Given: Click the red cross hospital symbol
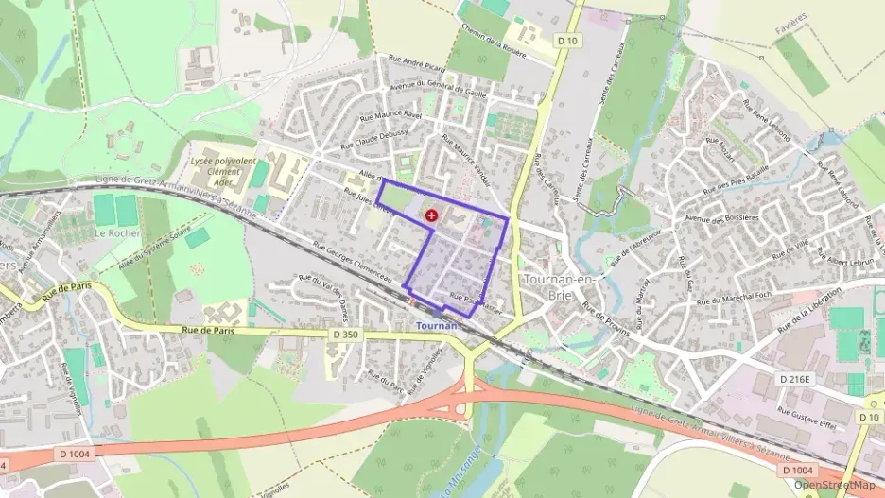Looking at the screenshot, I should [x=432, y=215].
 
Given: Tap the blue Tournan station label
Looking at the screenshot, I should [x=437, y=326].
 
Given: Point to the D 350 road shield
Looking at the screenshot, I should [x=347, y=334].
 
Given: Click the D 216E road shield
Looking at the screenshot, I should [x=795, y=378].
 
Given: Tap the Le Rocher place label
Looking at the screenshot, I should [x=116, y=232].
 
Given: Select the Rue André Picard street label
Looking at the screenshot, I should [x=409, y=68].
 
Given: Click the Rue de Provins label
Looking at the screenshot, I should [x=605, y=323].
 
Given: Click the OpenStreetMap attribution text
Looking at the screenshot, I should [x=834, y=486].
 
